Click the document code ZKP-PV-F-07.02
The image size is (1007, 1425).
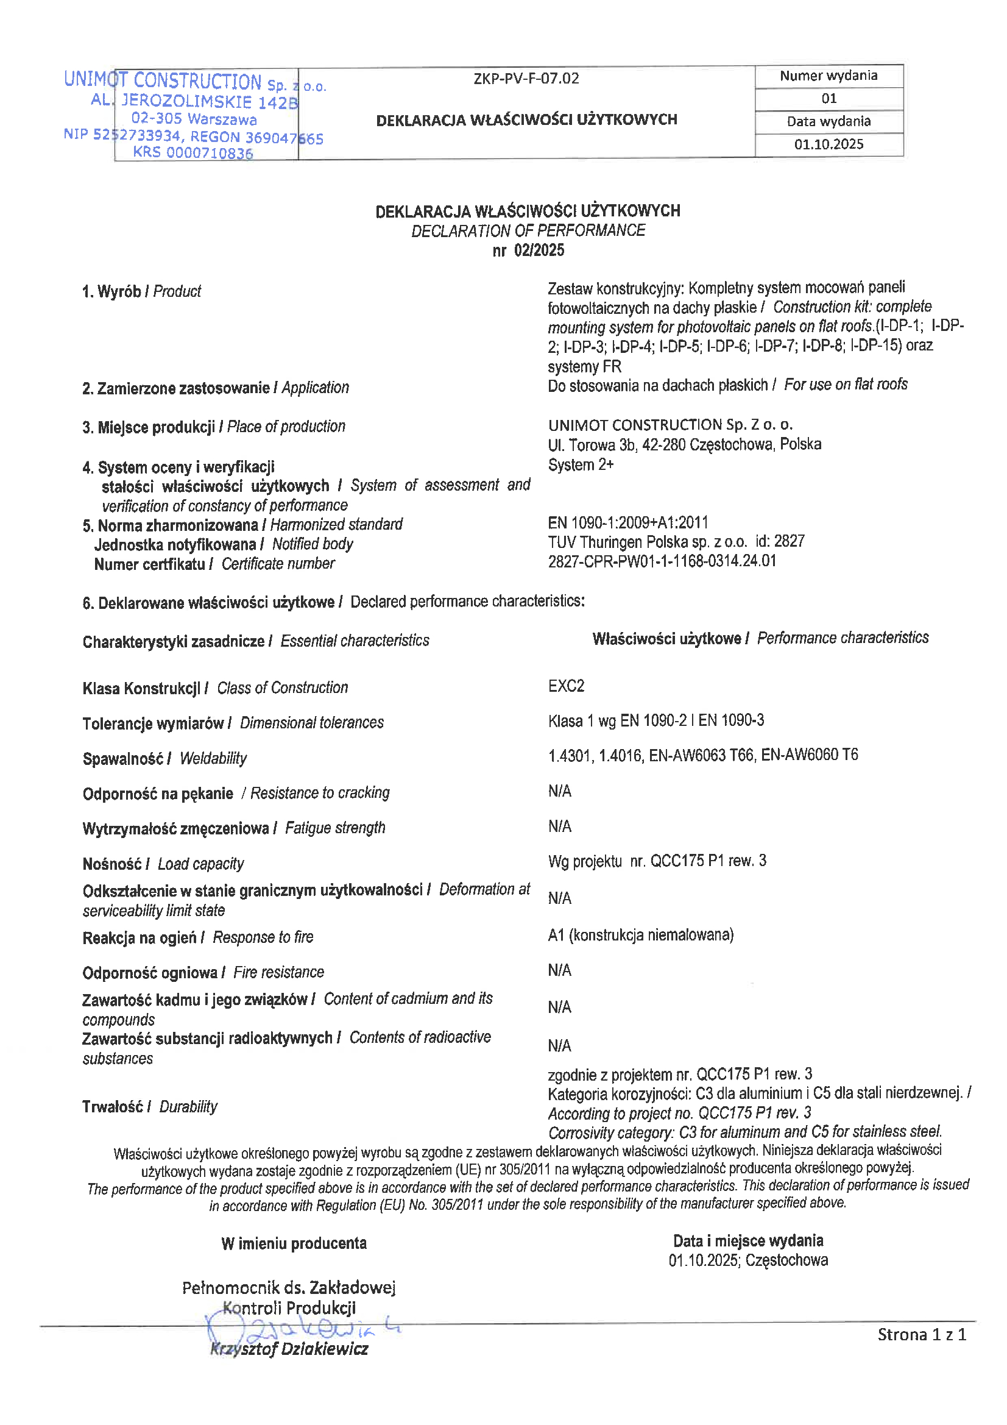pos(526,79)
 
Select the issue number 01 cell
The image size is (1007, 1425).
pos(829,99)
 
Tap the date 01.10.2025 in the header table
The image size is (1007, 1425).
pos(829,144)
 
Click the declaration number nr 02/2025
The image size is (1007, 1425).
pos(528,250)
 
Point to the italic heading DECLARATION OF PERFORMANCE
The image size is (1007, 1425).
pos(528,230)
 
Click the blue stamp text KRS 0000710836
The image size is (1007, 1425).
pos(193,152)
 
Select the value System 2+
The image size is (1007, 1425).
pos(581,465)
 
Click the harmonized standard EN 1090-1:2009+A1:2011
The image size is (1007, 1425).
pos(628,522)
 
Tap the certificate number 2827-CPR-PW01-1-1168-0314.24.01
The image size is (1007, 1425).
pos(662,561)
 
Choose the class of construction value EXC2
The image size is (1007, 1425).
pos(567,686)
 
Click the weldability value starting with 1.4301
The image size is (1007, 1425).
pos(703,755)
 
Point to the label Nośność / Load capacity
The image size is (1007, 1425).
pos(163,864)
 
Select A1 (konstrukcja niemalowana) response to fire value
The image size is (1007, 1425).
pos(640,935)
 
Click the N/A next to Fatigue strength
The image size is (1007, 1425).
pos(560,826)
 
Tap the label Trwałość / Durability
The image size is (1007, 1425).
pos(149,1106)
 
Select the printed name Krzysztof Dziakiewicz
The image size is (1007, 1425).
pos(289,1349)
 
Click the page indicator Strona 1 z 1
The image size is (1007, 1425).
pos(921,1334)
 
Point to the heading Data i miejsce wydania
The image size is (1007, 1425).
pos(747,1241)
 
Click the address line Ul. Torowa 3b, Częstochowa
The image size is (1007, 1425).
pos(684,444)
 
